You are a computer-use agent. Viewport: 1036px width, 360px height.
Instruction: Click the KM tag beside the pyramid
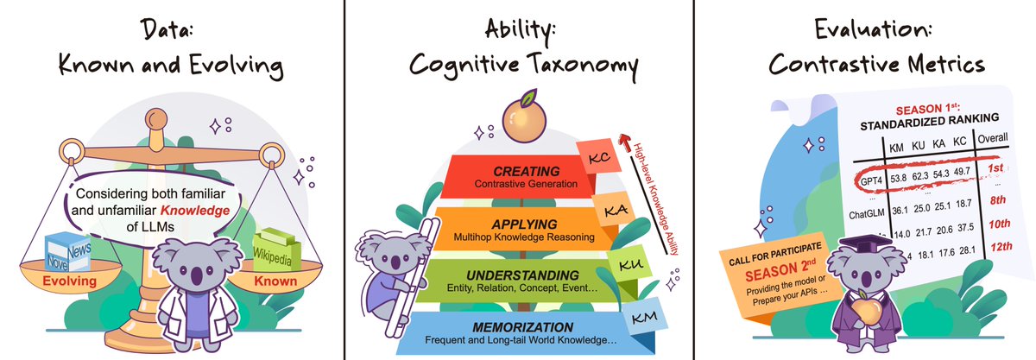click(x=639, y=319)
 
